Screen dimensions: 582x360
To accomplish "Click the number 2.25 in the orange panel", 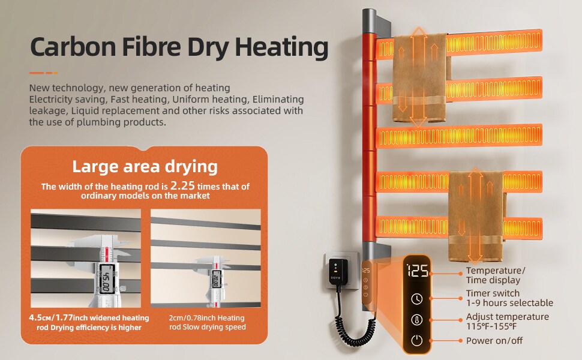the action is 182,185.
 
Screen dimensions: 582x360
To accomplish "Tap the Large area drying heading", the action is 145,167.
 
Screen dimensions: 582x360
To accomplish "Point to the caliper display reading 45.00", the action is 106,276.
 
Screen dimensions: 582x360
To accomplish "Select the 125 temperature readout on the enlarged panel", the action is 418,271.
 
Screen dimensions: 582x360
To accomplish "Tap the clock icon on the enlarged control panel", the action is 417,299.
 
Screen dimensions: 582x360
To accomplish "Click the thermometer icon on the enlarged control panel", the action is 417,320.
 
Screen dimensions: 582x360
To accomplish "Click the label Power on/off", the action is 494,341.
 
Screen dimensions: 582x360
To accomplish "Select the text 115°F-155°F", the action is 492,326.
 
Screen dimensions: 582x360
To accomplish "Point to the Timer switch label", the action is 493,293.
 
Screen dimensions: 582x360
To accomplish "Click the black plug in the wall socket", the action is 338,272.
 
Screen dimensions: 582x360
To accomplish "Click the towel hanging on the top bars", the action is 420,77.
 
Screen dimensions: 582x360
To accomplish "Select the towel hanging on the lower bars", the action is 475,211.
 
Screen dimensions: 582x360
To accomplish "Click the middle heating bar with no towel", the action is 459,137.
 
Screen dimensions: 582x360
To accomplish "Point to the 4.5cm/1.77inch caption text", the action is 89,323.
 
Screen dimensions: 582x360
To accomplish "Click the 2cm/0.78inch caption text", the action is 207,322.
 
